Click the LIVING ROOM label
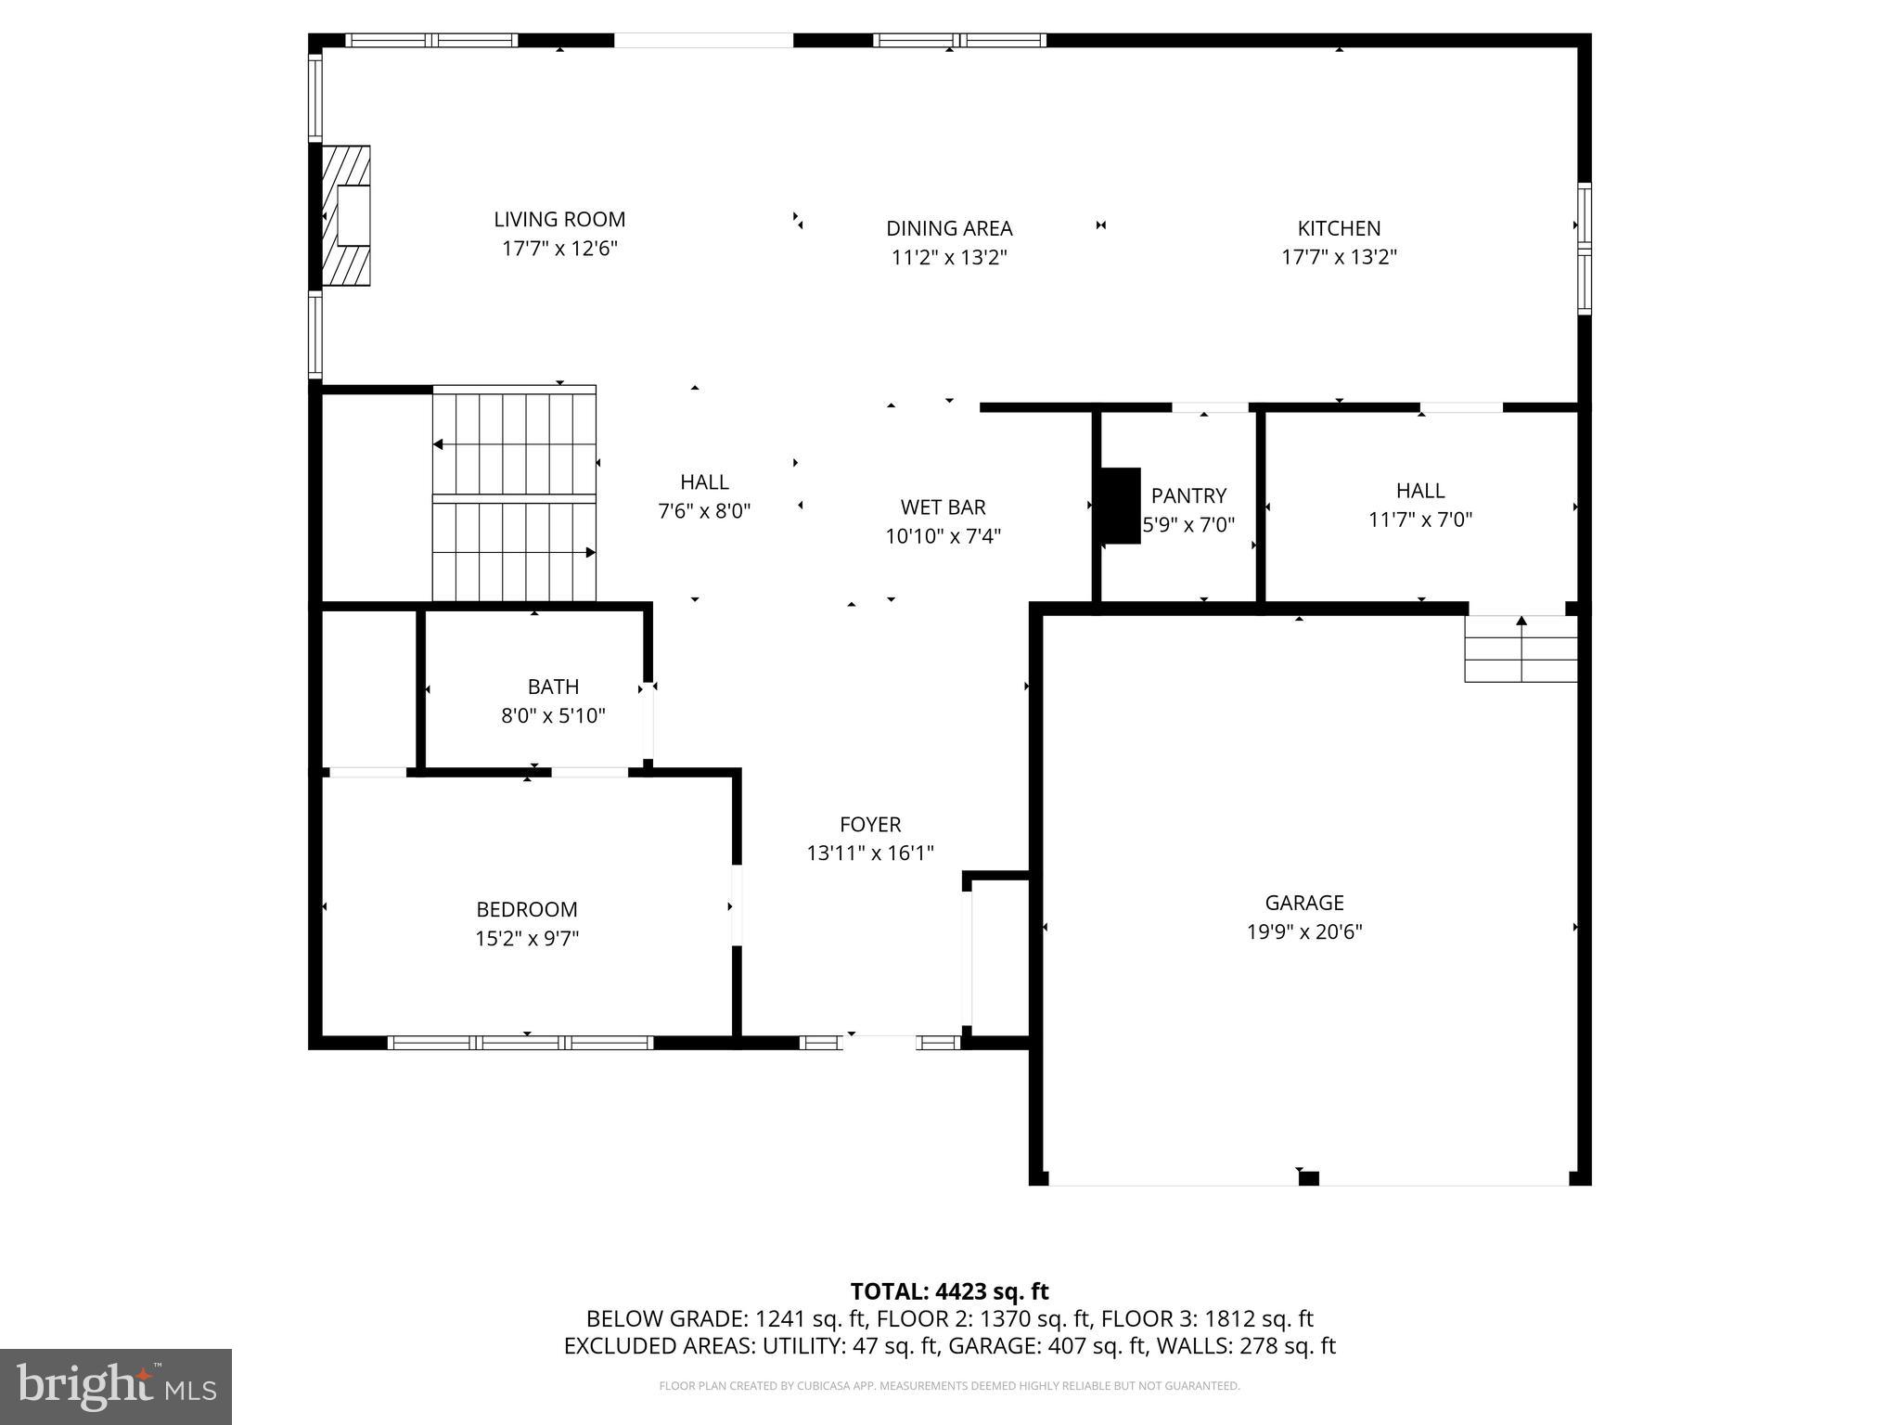[558, 220]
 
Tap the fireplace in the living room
[347, 215]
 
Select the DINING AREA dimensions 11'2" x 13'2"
[949, 257]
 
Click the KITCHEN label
[1339, 228]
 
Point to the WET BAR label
[943, 507]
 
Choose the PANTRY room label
[1188, 495]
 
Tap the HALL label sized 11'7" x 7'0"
[1420, 491]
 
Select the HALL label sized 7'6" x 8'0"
[704, 482]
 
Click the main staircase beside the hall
[514, 496]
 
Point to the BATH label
[553, 687]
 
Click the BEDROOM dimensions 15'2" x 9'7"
[527, 938]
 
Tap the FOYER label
[870, 825]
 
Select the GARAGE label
[1303, 903]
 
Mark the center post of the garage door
[1308, 1178]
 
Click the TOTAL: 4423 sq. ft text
[949, 1291]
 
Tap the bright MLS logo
[116, 1387]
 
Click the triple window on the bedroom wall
[520, 1043]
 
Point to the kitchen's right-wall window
[1585, 249]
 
